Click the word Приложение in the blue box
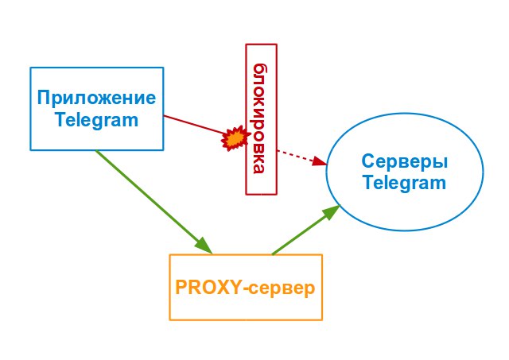(x=96, y=99)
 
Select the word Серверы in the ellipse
(x=404, y=161)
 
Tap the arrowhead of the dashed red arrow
(x=321, y=161)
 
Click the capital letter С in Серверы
(x=368, y=161)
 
